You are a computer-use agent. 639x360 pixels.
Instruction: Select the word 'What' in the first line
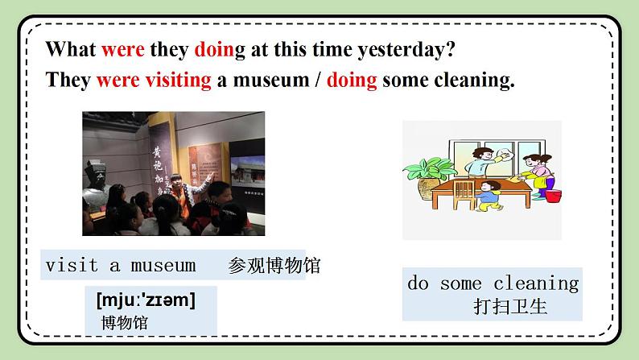click(x=71, y=50)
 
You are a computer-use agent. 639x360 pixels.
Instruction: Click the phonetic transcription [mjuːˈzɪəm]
click(x=146, y=301)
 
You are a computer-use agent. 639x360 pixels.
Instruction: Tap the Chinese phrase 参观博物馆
click(x=274, y=266)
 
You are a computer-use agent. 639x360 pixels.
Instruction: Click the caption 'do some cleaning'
click(x=493, y=283)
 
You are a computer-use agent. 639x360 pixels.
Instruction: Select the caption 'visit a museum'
click(x=121, y=266)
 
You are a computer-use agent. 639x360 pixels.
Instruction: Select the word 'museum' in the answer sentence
click(x=274, y=81)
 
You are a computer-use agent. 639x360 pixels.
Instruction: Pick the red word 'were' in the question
click(x=122, y=50)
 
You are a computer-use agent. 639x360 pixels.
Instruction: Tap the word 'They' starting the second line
click(x=68, y=81)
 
